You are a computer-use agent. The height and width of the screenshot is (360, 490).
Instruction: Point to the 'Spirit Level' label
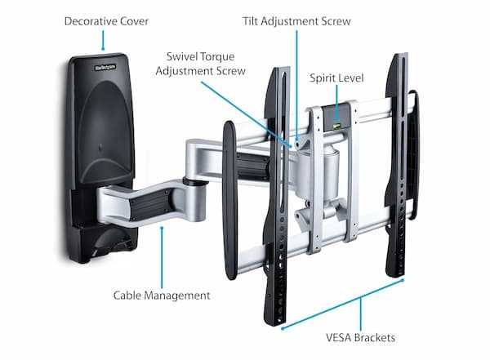tap(336, 78)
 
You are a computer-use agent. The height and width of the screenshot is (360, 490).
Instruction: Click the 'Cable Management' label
tap(161, 295)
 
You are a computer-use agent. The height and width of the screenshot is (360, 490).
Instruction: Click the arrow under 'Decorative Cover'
tap(103, 39)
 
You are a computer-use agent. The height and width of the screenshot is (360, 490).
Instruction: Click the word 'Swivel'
tap(185, 57)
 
